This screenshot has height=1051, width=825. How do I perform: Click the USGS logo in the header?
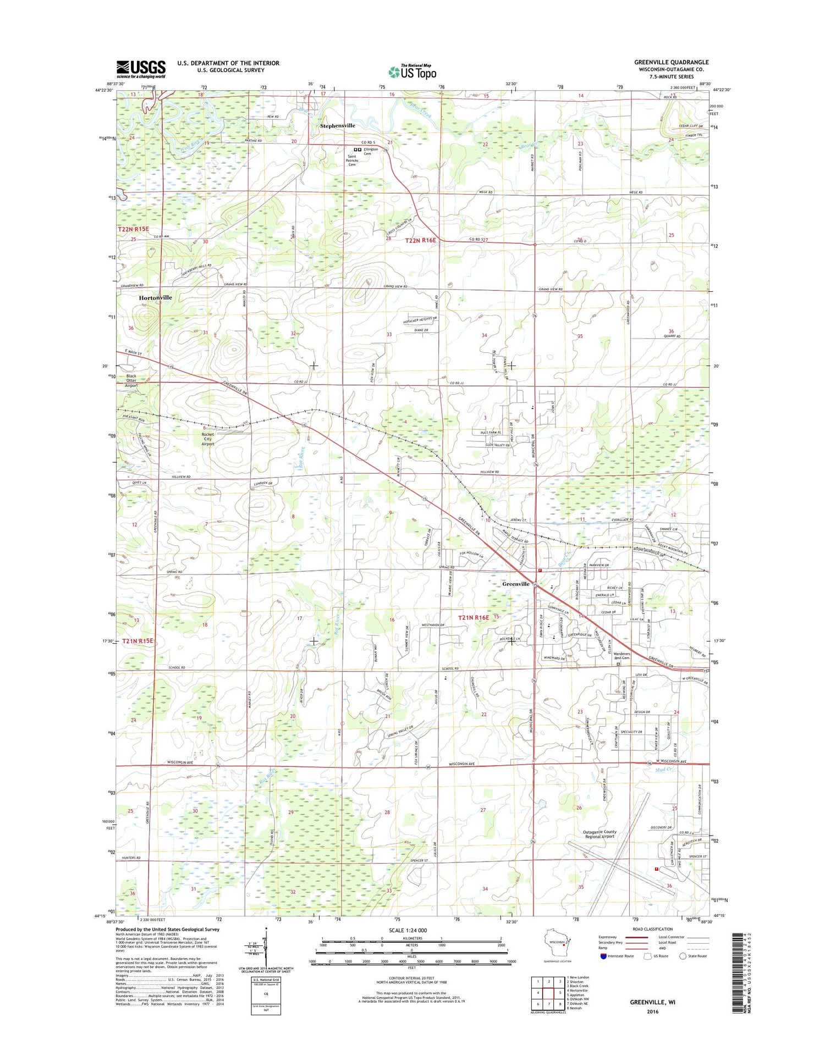141,69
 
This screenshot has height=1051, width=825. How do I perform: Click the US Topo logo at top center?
413,71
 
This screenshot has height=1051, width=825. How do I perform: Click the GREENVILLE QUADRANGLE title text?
671,62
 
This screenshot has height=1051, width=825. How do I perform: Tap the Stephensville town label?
338,125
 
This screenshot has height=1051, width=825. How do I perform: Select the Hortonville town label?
155,297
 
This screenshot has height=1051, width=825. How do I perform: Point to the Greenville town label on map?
515,584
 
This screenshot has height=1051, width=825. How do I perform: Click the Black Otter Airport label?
131,381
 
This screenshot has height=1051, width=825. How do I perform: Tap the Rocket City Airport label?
207,439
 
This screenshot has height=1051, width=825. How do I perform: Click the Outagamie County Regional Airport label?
599,834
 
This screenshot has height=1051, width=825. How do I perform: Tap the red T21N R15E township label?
137,641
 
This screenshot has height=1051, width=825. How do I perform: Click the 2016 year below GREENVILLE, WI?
652,1011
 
